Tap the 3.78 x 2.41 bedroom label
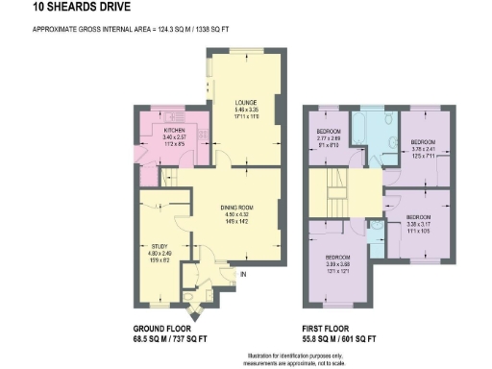pos(424,142)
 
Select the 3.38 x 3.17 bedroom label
pos(418,217)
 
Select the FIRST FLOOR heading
pos(332,329)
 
